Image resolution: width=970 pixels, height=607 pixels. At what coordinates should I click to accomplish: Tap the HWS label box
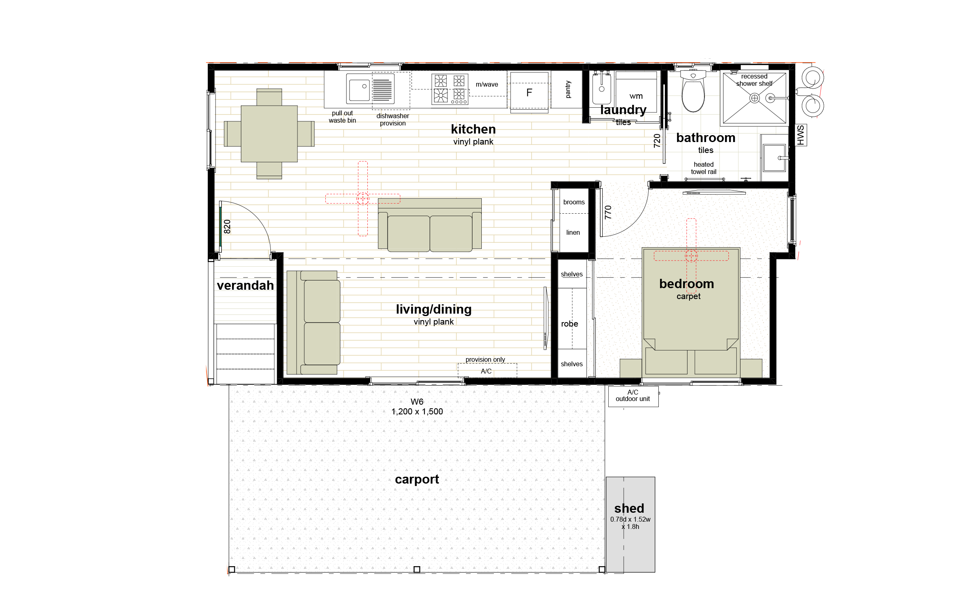[x=801, y=135]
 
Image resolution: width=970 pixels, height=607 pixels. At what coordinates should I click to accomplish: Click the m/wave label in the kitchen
[x=487, y=85]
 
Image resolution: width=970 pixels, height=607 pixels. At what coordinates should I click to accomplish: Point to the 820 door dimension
[x=227, y=227]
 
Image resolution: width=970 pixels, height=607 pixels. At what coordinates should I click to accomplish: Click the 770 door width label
[x=608, y=212]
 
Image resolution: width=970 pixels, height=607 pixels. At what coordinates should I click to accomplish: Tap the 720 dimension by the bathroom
[x=657, y=141]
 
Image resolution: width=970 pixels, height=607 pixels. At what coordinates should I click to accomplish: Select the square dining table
[x=269, y=134]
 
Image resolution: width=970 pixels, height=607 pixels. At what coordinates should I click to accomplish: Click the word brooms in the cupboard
[x=574, y=202]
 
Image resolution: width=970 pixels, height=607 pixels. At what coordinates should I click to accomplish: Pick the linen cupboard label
[x=573, y=232]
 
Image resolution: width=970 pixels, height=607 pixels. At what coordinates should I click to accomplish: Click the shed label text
[x=629, y=508]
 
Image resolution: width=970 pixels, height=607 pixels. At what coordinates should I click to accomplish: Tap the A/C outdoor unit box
[x=633, y=396]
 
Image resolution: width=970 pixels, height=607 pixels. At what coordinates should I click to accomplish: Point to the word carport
[x=417, y=480]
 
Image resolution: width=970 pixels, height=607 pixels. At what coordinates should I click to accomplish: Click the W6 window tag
[x=417, y=401]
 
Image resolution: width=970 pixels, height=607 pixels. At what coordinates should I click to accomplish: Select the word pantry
[x=568, y=89]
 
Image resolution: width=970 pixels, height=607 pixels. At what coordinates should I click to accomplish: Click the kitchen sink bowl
[x=359, y=90]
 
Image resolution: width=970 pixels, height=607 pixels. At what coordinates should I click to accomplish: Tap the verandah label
[x=245, y=285]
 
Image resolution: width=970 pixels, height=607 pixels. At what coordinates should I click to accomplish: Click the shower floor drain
[x=754, y=98]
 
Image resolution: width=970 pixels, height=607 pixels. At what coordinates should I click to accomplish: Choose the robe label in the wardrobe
[x=569, y=324]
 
